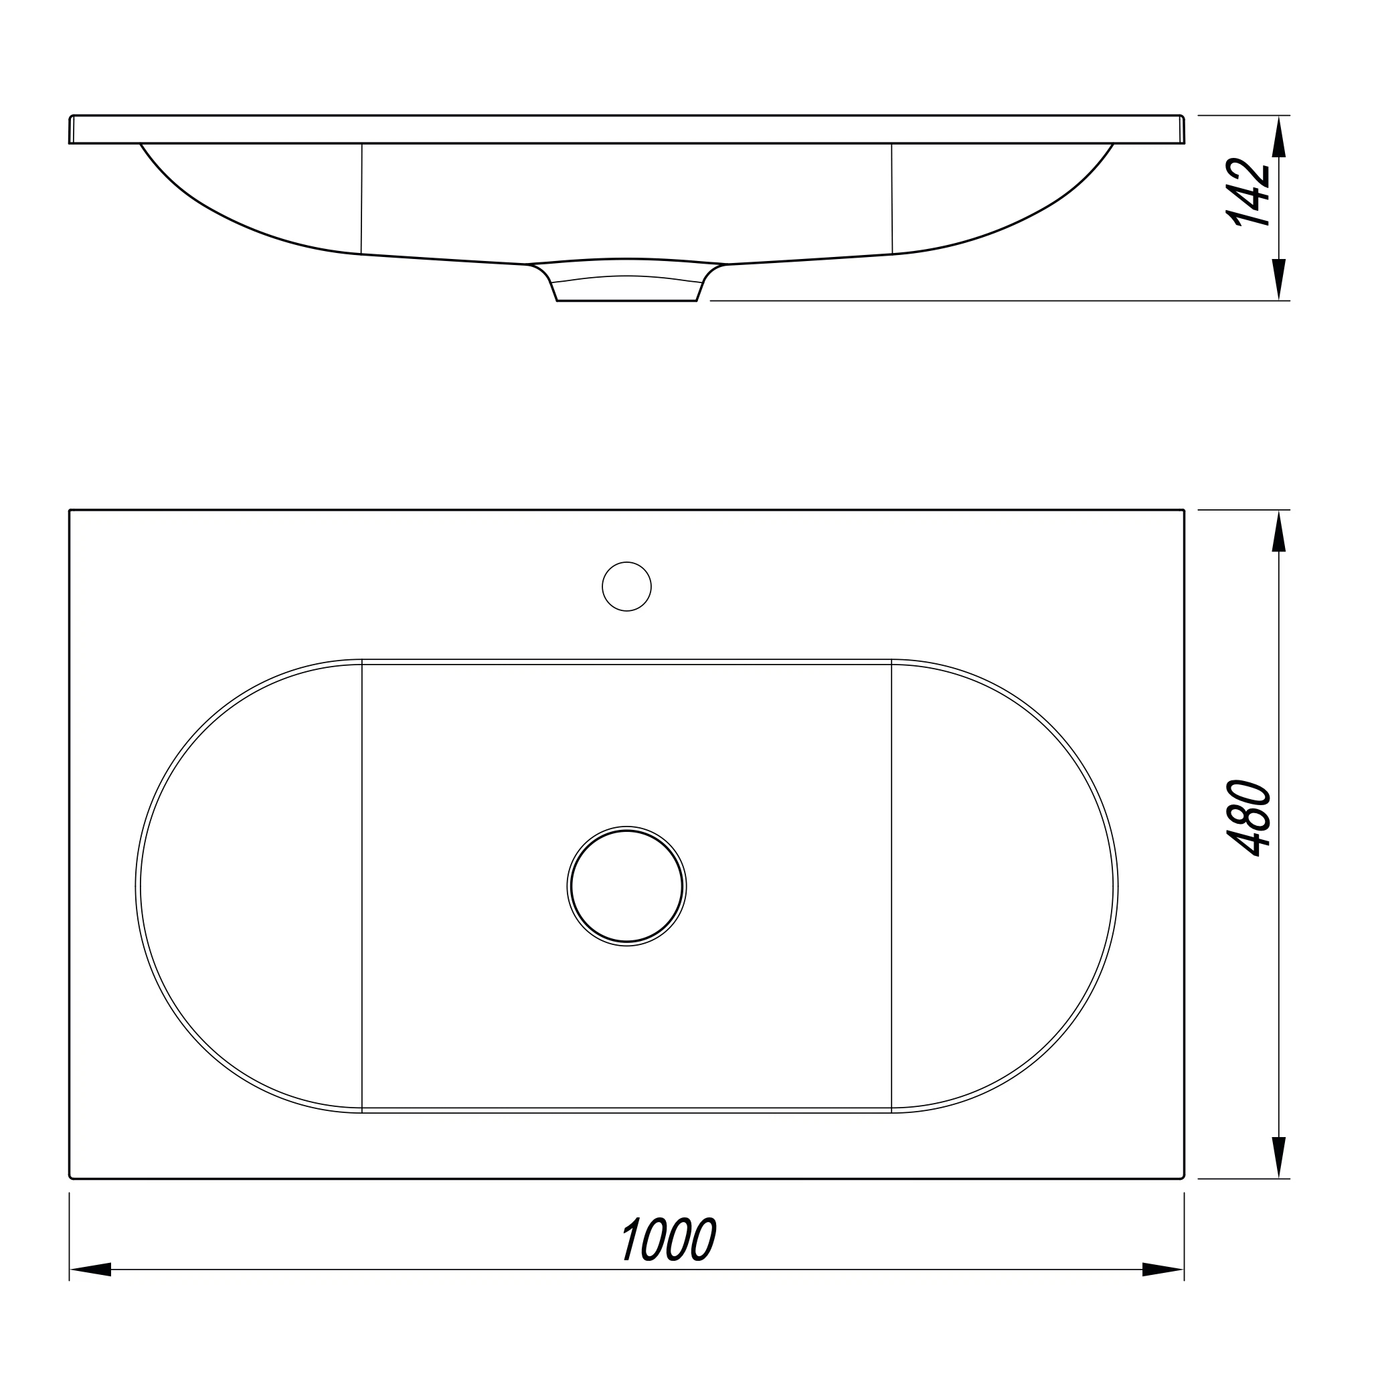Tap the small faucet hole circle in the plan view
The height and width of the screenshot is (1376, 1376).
(626, 586)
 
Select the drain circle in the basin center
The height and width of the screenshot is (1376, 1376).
(626, 886)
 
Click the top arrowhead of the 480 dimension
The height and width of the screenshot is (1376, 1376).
(1279, 531)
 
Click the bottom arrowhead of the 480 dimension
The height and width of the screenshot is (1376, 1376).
(1279, 1157)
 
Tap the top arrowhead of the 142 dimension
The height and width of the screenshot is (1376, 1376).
(1279, 136)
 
